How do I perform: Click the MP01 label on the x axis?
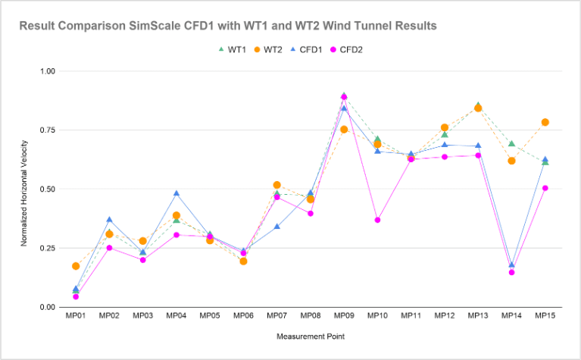click(x=76, y=315)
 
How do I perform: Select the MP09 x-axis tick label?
click(x=344, y=315)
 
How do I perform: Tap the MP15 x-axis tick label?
click(x=545, y=315)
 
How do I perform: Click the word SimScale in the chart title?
click(x=142, y=26)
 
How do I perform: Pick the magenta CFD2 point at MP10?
click(x=377, y=220)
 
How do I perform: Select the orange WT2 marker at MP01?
click(x=76, y=266)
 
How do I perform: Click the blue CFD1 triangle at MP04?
click(x=176, y=193)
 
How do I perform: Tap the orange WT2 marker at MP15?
click(x=545, y=122)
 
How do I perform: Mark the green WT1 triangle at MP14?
click(x=511, y=143)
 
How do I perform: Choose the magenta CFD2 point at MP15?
click(x=545, y=188)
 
